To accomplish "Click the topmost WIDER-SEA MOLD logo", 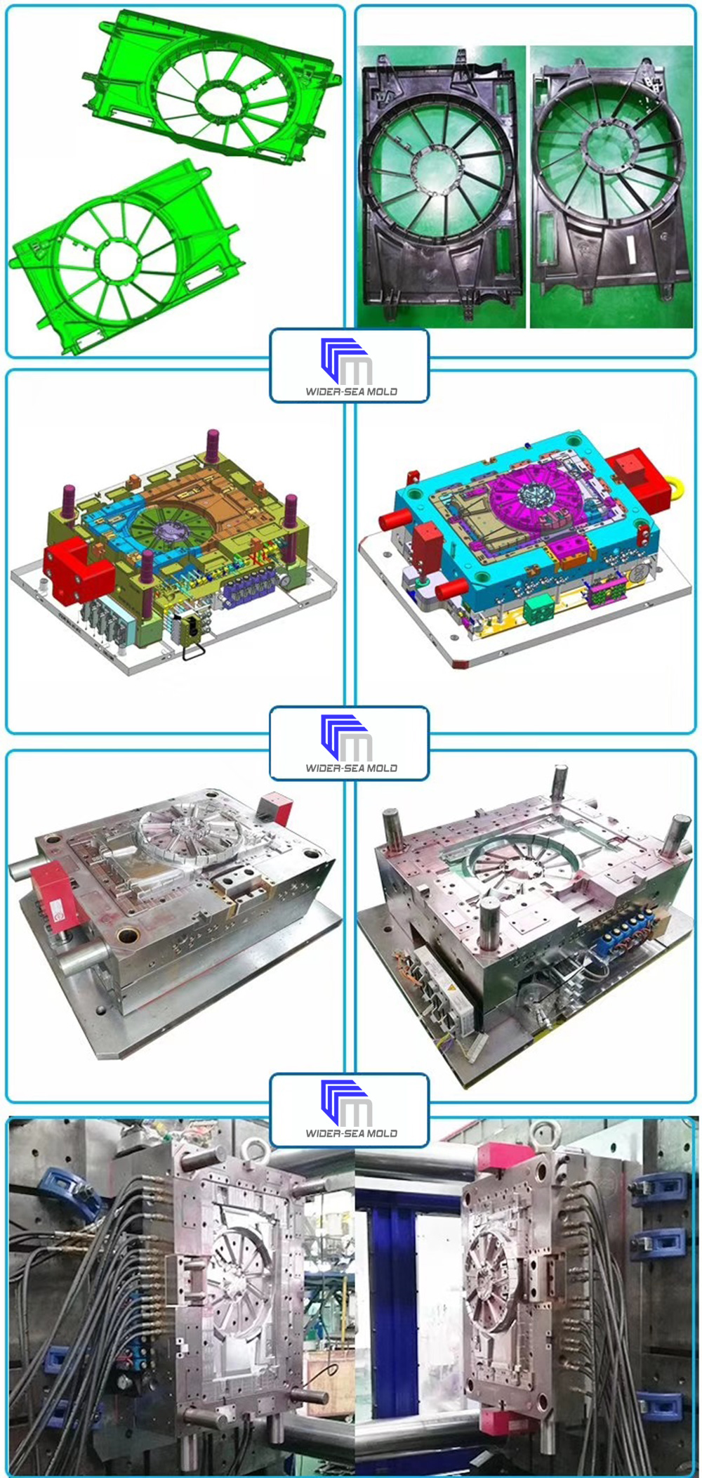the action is pyautogui.click(x=349, y=366).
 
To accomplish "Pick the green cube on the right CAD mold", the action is pyautogui.click(x=538, y=608).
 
